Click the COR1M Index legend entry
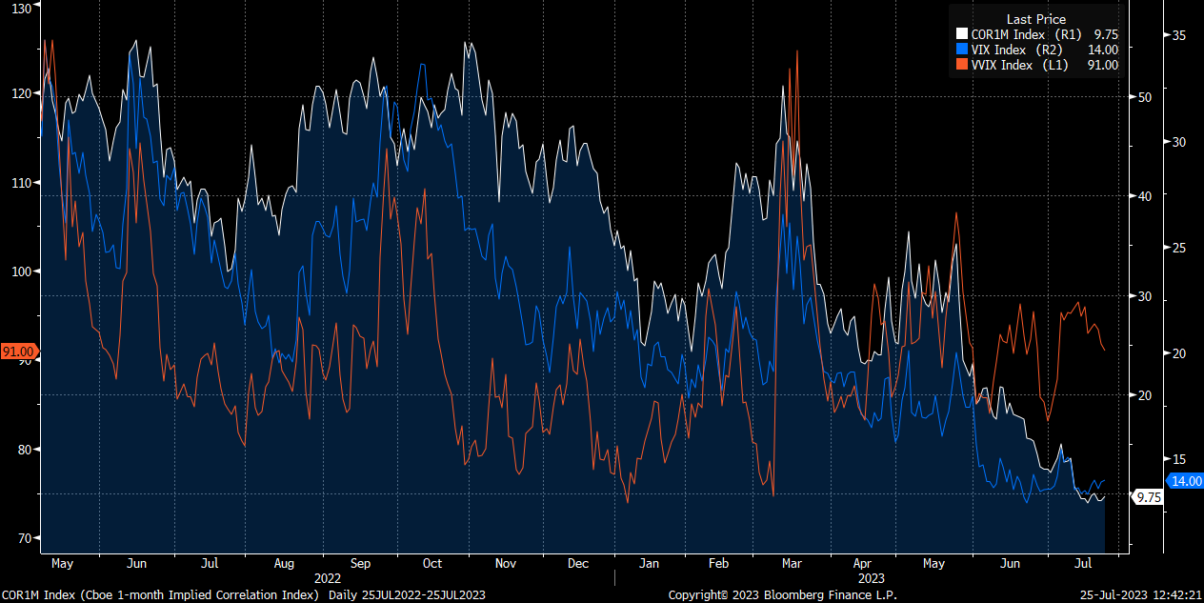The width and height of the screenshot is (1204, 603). tap(1012, 34)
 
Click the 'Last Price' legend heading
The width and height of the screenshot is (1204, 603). tap(1035, 19)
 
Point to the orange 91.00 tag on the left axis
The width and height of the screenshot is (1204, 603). tap(18, 351)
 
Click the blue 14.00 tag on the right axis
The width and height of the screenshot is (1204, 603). tap(1186, 481)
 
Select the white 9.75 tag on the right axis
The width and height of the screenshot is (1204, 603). tap(1149, 497)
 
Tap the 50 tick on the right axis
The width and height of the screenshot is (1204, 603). tap(1145, 97)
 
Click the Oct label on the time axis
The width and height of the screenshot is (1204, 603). tap(432, 564)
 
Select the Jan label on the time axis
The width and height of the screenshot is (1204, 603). tap(648, 564)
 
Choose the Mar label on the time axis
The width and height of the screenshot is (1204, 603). tap(793, 564)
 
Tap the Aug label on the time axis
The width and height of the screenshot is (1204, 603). tap(285, 564)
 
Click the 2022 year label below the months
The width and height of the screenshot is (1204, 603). tap(328, 578)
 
